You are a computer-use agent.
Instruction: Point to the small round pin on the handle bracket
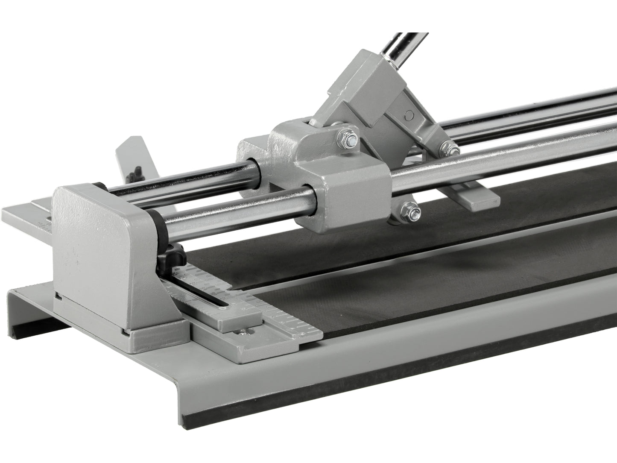(410, 114)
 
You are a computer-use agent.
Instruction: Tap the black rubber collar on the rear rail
(101, 186)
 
